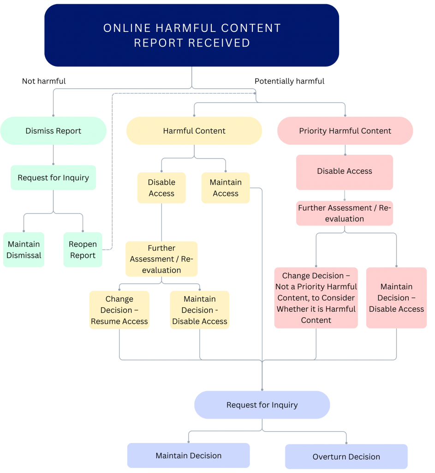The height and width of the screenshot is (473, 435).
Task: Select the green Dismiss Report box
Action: point(54,131)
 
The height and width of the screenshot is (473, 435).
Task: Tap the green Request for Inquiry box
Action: point(54,177)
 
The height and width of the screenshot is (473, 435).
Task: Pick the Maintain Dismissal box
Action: point(24,249)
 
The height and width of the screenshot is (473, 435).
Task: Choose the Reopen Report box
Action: point(83,249)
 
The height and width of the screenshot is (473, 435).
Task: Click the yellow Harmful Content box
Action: point(194,131)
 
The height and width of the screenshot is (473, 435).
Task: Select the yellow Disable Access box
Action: point(161,188)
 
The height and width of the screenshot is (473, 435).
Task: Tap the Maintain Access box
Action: point(226,188)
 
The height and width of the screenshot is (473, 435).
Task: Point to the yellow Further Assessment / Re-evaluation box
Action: point(161,259)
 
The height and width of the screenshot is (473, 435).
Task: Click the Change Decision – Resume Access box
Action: point(119,310)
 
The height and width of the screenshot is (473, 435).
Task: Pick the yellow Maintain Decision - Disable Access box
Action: point(200,310)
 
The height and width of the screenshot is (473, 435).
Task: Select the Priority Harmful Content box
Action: point(345,131)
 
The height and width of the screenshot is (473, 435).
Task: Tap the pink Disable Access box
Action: point(345,171)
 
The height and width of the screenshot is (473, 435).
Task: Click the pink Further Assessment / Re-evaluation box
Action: point(345,213)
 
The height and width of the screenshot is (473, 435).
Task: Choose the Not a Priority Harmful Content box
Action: point(316,298)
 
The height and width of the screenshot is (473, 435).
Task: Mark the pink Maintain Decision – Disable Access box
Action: point(396,298)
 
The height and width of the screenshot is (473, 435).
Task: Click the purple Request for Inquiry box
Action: point(262,405)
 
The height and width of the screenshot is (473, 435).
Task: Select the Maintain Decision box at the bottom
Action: point(188,455)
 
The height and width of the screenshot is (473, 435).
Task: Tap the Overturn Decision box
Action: point(346,456)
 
